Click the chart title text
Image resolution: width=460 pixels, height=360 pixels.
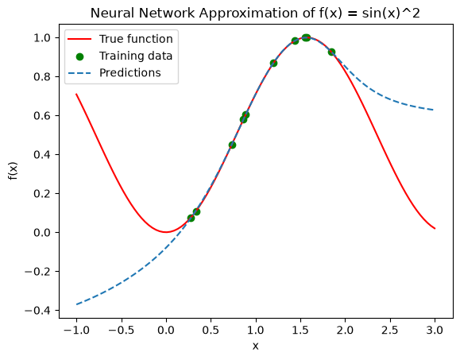click(x=255, y=14)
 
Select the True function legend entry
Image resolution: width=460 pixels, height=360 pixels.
click(x=120, y=39)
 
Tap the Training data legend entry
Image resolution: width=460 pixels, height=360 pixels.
click(x=120, y=56)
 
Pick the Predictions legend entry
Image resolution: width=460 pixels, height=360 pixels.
click(x=114, y=73)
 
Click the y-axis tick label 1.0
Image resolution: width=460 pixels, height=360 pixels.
click(x=43, y=38)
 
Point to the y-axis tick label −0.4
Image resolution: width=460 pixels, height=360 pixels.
click(x=38, y=311)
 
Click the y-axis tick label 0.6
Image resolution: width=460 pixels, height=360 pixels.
click(x=43, y=115)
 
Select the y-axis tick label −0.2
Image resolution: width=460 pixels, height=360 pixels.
click(x=38, y=272)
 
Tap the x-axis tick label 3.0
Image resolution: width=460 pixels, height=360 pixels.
click(x=435, y=331)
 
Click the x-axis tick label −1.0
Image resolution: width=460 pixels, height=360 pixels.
click(x=76, y=331)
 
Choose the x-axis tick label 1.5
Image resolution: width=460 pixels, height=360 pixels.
click(x=300, y=331)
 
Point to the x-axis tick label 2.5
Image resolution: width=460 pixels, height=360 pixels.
click(x=390, y=331)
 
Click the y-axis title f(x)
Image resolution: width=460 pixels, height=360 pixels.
click(x=14, y=171)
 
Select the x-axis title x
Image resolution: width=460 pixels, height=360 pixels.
click(x=256, y=346)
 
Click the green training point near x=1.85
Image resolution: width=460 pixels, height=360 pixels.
click(x=331, y=52)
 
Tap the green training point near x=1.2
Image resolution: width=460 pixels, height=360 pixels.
click(x=273, y=63)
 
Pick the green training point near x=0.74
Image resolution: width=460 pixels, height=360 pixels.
click(x=232, y=145)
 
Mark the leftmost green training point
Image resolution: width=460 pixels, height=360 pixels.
click(x=191, y=218)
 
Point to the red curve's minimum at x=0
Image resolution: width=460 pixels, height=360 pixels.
click(x=166, y=232)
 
